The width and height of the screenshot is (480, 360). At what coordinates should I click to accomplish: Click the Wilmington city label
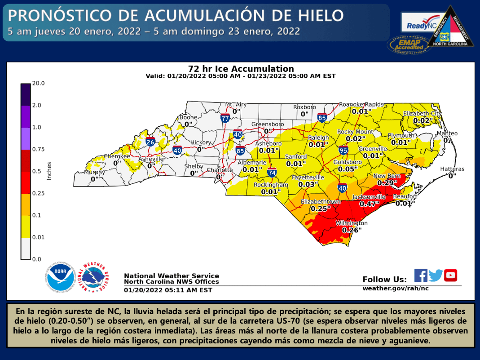(352, 223)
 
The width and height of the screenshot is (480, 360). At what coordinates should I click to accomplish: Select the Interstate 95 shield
(343, 150)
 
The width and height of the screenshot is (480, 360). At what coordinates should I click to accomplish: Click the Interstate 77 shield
(225, 118)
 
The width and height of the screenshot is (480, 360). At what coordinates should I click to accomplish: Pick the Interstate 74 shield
(272, 172)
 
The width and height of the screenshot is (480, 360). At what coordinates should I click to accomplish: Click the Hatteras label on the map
(452, 169)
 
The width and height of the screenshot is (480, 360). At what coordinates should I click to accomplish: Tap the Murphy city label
(95, 172)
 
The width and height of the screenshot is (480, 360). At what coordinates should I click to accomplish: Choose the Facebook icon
(421, 275)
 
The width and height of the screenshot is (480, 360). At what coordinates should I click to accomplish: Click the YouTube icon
(450, 275)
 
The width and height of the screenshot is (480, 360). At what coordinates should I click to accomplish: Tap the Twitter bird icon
(436, 276)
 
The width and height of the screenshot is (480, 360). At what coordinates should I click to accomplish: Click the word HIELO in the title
(317, 16)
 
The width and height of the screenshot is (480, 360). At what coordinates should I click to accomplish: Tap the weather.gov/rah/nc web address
(395, 288)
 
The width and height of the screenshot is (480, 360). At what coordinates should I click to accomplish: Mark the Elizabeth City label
(422, 113)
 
